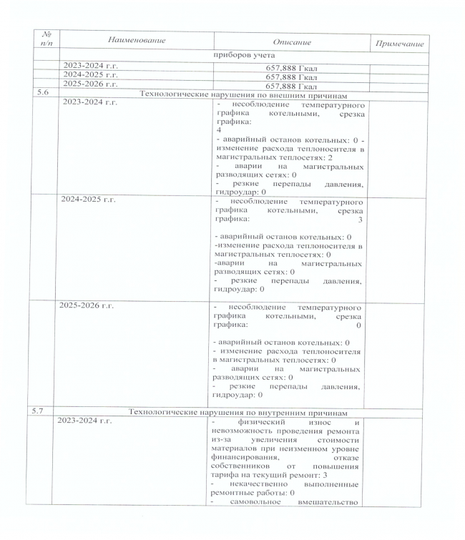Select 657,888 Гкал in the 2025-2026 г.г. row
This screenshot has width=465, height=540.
(x=291, y=84)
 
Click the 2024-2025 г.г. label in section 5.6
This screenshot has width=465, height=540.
(x=90, y=200)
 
